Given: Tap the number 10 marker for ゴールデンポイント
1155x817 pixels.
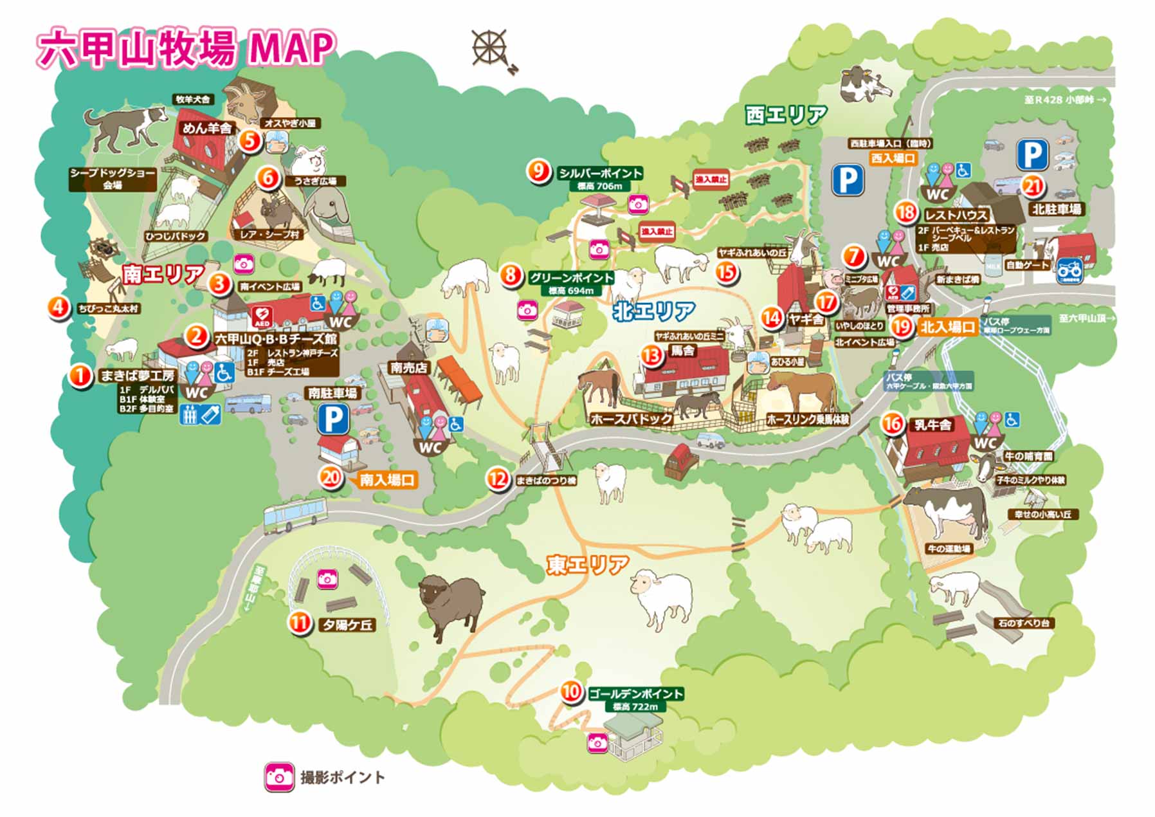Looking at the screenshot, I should pyautogui.click(x=571, y=692).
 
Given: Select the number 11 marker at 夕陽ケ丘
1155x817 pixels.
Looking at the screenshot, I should pyautogui.click(x=298, y=623).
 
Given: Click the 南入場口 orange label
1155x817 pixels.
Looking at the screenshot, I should pyautogui.click(x=387, y=480).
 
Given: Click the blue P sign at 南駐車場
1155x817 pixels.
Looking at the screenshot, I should pyautogui.click(x=334, y=419).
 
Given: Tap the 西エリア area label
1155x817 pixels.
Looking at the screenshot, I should pyautogui.click(x=786, y=115).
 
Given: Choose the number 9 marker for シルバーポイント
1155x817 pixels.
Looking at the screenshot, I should pyautogui.click(x=538, y=172).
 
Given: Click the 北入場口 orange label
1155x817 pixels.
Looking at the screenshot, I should pyautogui.click(x=947, y=327).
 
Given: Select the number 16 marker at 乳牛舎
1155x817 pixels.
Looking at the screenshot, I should pyautogui.click(x=892, y=424).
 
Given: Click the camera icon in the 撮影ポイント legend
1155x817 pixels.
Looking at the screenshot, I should pyautogui.click(x=279, y=777).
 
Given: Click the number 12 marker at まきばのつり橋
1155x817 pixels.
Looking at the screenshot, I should pyautogui.click(x=498, y=479).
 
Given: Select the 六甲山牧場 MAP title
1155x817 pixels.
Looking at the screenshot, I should pyautogui.click(x=186, y=49).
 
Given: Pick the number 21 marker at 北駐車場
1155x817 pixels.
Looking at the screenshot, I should pyautogui.click(x=1032, y=187).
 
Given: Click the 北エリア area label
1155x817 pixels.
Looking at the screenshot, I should pyautogui.click(x=653, y=311).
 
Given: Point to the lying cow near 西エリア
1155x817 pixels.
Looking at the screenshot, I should pyautogui.click(x=865, y=86).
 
